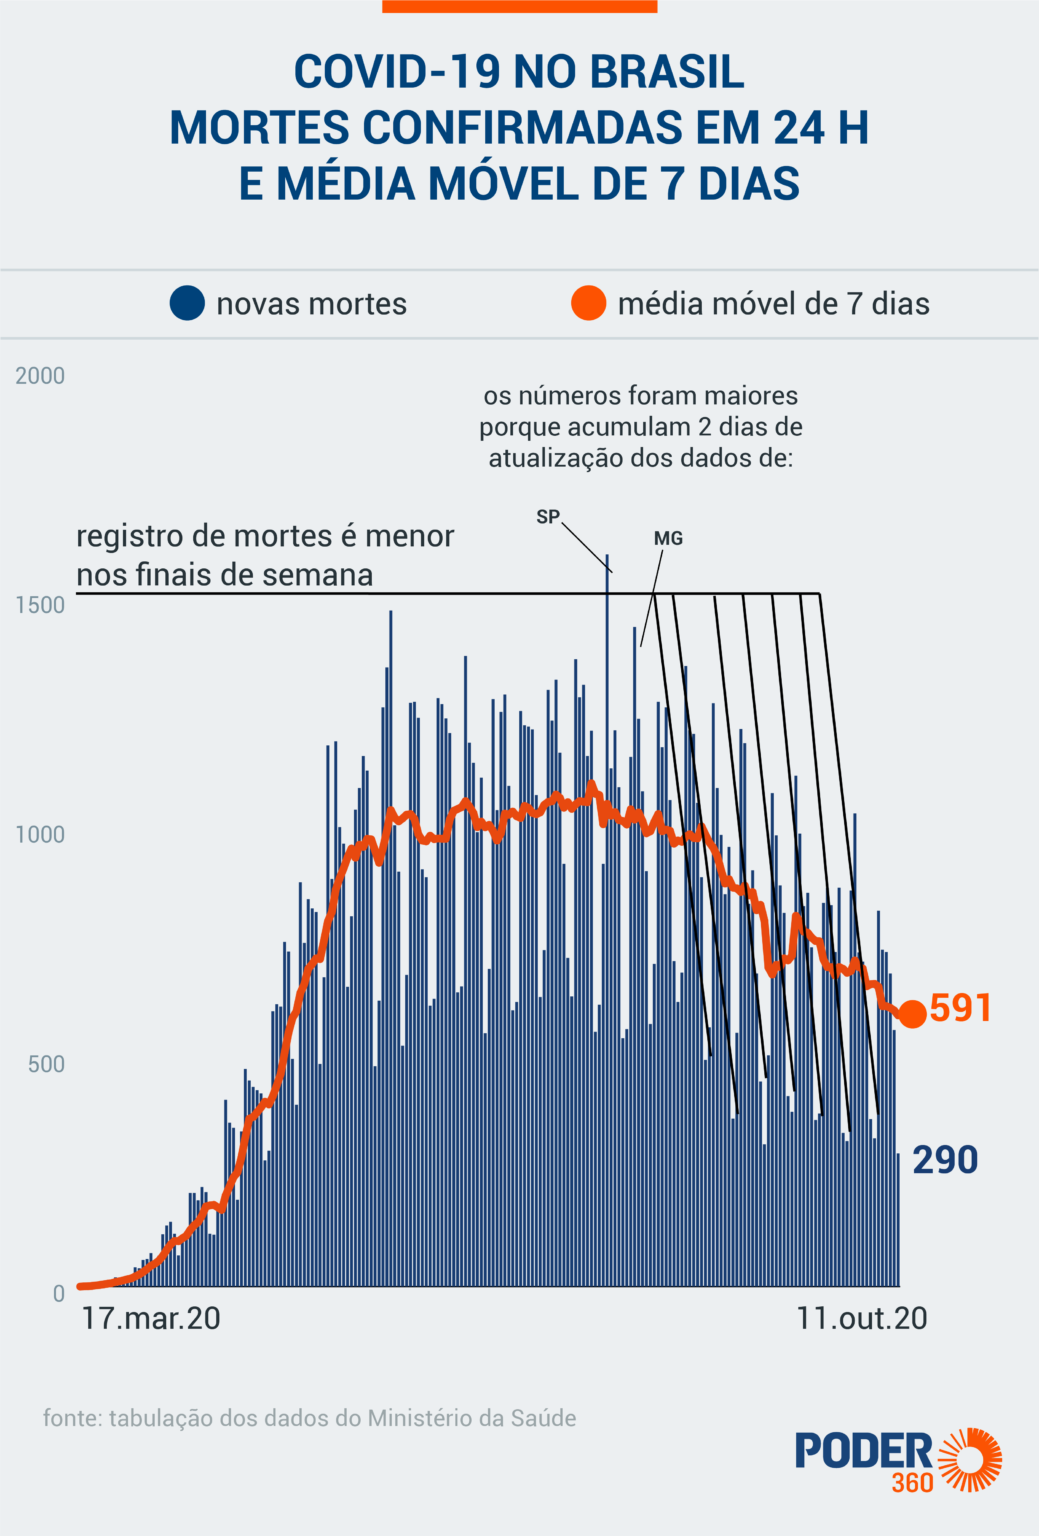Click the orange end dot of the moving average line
912,1014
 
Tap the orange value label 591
960,1008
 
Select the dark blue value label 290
945,1160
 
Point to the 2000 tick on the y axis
40,376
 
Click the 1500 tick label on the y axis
40,605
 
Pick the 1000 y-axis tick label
40,835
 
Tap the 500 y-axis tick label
46,1064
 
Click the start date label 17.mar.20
151,1318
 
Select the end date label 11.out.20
861,1318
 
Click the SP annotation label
548,517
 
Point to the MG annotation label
668,538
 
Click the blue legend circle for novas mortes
187,303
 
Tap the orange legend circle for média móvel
588,303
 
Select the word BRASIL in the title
666,72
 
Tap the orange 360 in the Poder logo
912,1481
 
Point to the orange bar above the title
519,6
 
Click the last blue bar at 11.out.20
898,1220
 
